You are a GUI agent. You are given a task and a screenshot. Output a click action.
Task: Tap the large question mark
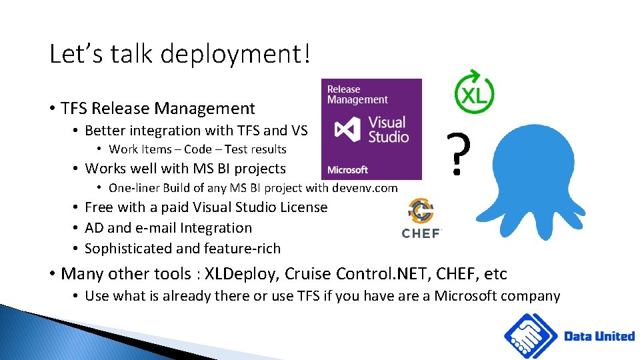pyautogui.click(x=456, y=155)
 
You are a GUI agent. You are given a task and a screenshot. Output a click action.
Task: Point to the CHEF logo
pyautogui.click(x=421, y=219)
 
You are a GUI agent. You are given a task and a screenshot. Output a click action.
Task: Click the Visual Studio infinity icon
pyautogui.click(x=347, y=129)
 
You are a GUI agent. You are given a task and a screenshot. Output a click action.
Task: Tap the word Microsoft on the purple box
pyautogui.click(x=347, y=170)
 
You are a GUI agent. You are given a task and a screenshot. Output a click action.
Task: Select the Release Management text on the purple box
pyautogui.click(x=357, y=95)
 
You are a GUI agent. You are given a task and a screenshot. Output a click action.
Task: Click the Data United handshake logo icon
pyautogui.click(x=531, y=336)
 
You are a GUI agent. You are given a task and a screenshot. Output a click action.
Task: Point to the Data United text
pyautogui.click(x=599, y=336)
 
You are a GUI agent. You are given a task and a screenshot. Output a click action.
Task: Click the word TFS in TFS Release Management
pyautogui.click(x=74, y=109)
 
